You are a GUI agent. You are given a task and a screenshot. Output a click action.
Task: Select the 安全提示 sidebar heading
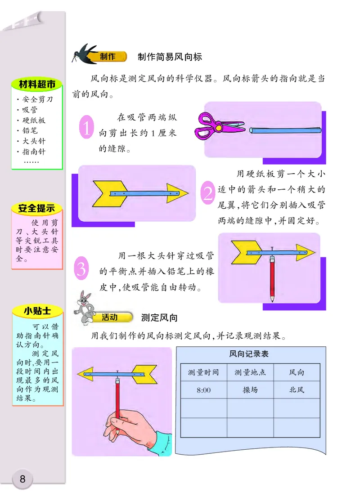[x=36, y=208]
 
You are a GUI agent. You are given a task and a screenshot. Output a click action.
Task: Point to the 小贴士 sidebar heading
[x=37, y=311]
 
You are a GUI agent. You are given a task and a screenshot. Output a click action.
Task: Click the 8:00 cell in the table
[x=203, y=390]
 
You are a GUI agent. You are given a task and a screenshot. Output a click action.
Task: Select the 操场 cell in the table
[x=250, y=390]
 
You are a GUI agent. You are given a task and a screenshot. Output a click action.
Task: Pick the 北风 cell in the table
[x=297, y=390]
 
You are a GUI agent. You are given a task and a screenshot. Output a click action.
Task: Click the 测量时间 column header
[x=203, y=372]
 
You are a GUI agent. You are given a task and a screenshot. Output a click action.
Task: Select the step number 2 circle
[x=207, y=193]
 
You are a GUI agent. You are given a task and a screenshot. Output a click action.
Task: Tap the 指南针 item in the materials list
[x=34, y=152]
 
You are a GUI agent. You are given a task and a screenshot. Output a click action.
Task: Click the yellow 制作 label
[x=108, y=57]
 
